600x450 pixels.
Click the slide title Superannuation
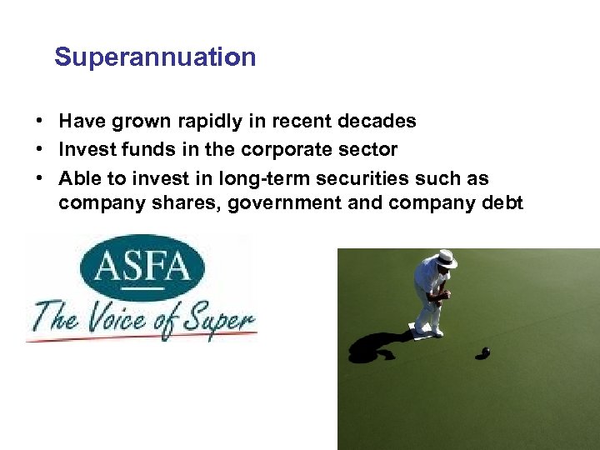pos(155,57)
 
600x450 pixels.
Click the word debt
pos(502,202)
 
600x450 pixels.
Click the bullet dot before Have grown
pos(40,122)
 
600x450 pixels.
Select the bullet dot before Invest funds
pos(40,150)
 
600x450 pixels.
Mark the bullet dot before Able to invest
pos(40,178)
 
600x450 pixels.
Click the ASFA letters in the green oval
pos(142,268)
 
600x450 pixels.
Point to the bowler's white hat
pos(447,259)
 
